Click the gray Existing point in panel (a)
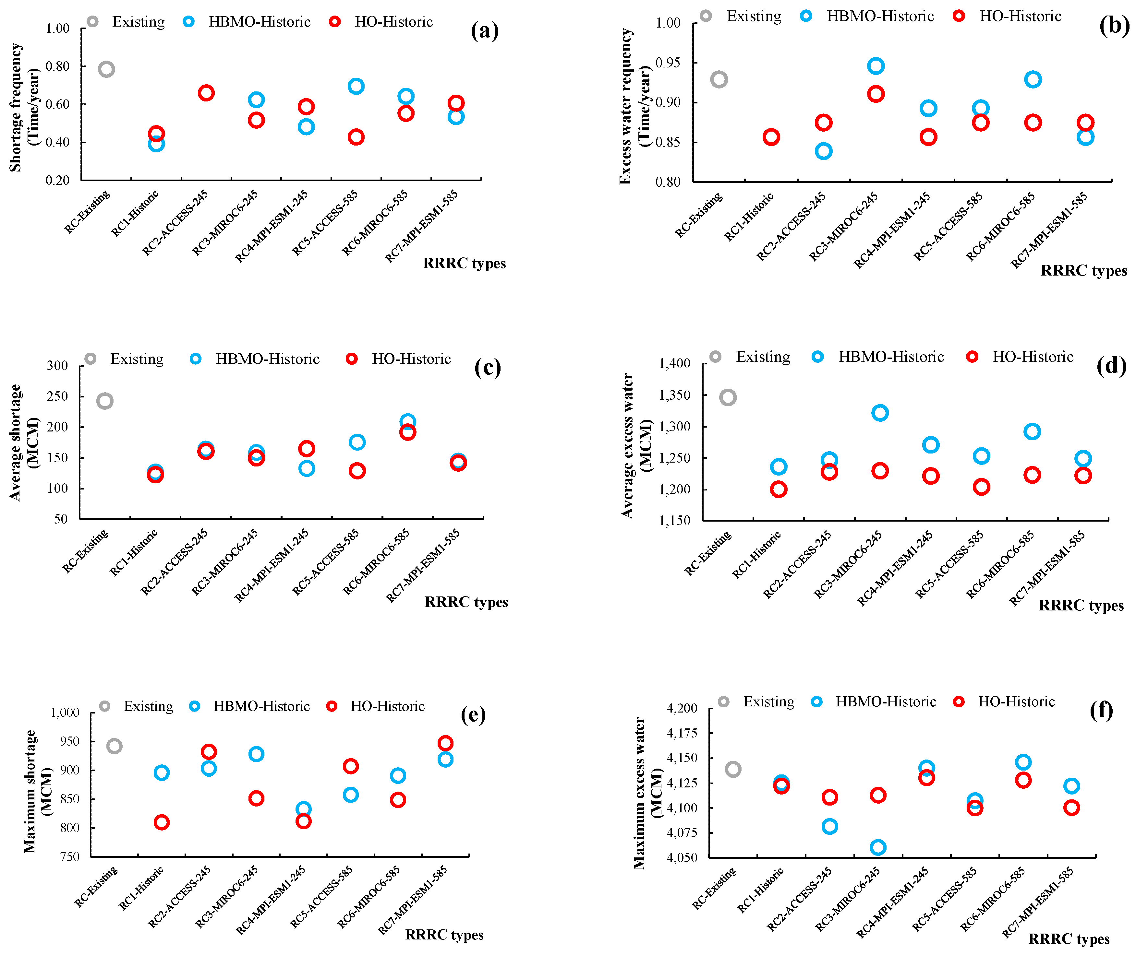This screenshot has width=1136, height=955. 106,69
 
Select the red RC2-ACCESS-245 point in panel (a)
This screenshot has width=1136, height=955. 206,93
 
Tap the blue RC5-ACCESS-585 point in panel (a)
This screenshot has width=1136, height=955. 356,86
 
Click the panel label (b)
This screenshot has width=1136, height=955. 1114,25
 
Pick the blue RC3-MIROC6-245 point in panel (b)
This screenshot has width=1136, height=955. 876,66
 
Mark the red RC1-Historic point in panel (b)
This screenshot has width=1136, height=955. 771,137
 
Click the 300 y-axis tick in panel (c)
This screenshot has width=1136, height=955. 57,365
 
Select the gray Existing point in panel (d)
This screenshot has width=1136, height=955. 728,397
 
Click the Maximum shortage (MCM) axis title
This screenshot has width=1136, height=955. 38,791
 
